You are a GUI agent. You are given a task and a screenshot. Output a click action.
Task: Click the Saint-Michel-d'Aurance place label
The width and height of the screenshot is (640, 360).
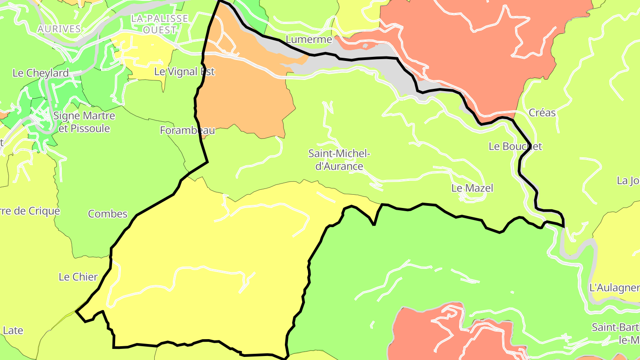339,160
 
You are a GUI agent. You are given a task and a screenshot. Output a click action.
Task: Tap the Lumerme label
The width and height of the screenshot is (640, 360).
309,40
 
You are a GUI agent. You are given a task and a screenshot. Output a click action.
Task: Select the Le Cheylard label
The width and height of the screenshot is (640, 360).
40,73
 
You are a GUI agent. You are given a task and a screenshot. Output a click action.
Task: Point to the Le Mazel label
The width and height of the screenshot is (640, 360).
472,188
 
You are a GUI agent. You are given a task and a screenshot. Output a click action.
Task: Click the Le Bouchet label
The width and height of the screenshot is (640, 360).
515,146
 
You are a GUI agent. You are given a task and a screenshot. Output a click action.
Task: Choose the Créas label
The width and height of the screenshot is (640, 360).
542,113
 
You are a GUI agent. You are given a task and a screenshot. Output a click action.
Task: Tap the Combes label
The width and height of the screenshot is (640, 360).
108,214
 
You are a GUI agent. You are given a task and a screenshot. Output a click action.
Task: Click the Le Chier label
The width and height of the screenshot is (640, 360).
78,277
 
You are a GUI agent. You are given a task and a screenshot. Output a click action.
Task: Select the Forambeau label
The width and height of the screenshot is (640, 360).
188,131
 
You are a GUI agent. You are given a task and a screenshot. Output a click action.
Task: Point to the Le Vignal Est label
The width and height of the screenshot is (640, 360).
184,72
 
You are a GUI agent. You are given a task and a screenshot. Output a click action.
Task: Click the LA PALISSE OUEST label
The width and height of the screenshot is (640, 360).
160,24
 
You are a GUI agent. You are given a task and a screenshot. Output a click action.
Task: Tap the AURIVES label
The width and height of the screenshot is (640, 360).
59,29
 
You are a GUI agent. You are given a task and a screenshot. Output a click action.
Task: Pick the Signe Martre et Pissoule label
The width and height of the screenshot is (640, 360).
84,122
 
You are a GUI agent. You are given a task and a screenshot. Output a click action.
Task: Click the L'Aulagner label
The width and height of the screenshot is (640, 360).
614,288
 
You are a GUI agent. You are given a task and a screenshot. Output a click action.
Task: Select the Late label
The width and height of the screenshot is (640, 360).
13,331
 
